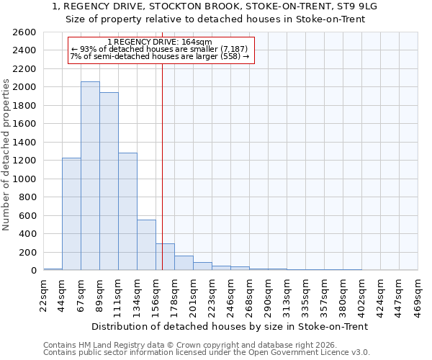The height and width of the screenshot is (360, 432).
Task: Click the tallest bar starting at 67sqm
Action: click(x=90, y=176)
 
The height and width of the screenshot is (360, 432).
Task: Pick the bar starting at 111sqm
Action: click(x=127, y=212)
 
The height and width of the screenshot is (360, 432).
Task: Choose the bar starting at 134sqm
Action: click(x=146, y=245)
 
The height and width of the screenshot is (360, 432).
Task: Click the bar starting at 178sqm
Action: click(x=184, y=263)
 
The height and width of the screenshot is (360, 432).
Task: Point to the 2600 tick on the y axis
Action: click(x=24, y=32)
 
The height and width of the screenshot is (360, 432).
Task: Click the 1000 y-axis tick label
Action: click(x=24, y=179)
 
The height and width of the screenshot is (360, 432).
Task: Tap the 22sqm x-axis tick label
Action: click(x=44, y=292)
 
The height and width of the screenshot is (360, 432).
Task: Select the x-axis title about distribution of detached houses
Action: click(x=230, y=326)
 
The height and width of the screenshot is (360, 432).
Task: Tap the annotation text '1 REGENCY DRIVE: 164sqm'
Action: click(x=159, y=42)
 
